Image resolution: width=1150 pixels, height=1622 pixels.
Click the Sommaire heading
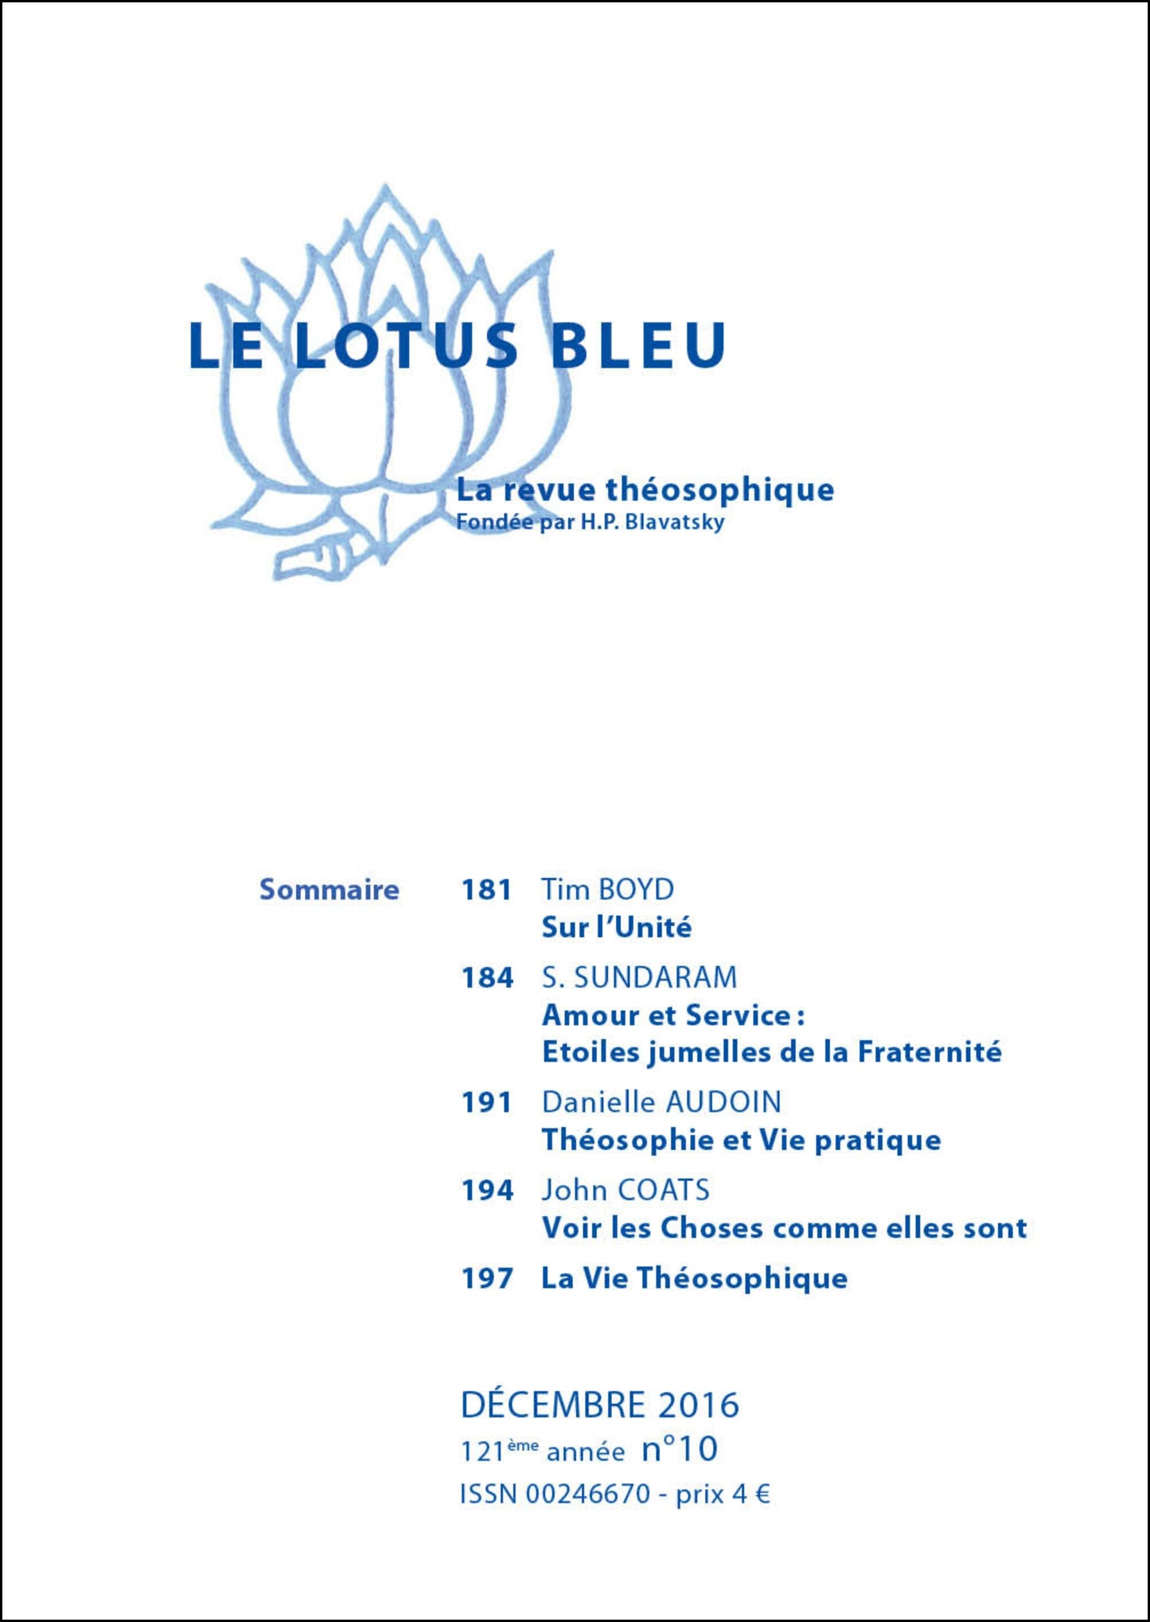(329, 889)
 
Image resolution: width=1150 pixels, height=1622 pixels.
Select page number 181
(486, 889)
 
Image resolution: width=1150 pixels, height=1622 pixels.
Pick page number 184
(487, 977)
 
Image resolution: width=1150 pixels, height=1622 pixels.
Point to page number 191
(486, 1102)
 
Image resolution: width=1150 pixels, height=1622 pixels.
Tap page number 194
(487, 1190)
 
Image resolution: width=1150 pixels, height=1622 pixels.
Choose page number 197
(487, 1278)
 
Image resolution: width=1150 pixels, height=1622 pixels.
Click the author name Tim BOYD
(607, 889)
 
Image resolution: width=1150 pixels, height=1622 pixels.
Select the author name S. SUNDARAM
(639, 977)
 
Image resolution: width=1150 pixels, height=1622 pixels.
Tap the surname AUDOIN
(723, 1102)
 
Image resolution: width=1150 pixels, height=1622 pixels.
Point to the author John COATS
(625, 1190)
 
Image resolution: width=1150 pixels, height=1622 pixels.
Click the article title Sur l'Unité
(616, 927)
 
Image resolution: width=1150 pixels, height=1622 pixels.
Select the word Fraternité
(929, 1052)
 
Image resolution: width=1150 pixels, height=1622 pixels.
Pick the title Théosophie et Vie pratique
(741, 1140)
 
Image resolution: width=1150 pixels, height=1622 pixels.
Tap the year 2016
(698, 1405)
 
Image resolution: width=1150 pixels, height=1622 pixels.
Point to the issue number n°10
(680, 1449)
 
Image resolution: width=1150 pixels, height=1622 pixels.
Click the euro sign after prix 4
(762, 1494)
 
